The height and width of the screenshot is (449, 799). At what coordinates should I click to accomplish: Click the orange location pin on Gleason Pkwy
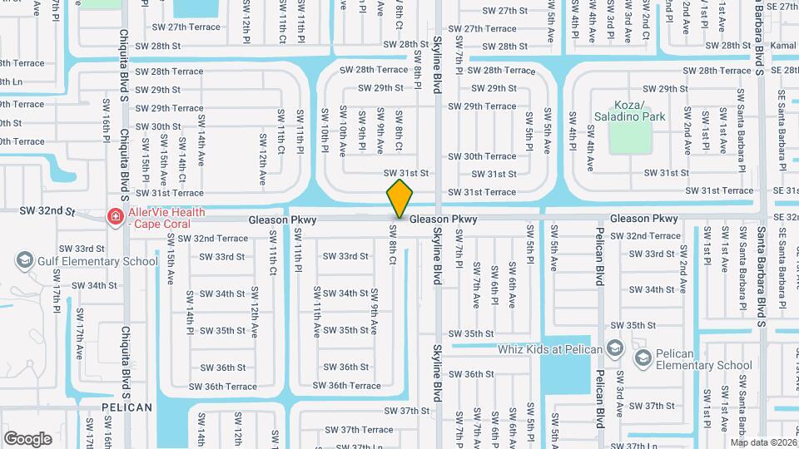(x=399, y=199)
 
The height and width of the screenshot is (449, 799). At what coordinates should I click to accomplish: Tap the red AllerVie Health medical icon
(x=114, y=217)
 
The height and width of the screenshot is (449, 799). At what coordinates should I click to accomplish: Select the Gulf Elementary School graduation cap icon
(x=24, y=261)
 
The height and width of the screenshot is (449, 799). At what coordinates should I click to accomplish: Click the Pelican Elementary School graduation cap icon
(x=642, y=358)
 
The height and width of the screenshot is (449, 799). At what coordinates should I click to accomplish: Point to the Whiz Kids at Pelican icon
(x=614, y=348)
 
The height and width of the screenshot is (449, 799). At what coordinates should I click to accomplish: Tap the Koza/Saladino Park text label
(x=628, y=111)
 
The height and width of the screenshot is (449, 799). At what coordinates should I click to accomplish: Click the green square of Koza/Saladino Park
(x=629, y=141)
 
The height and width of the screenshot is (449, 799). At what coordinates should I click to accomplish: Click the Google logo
(x=27, y=438)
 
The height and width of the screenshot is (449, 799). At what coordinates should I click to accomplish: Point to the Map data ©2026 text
(x=762, y=442)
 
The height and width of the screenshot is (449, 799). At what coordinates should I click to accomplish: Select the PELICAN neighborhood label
(x=127, y=407)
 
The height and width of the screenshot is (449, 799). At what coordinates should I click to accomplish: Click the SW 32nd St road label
(x=49, y=212)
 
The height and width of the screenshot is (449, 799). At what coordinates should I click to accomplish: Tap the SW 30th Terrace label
(x=483, y=156)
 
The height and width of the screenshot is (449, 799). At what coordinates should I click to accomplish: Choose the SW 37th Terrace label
(x=359, y=430)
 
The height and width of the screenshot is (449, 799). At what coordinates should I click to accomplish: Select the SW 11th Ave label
(x=317, y=312)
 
